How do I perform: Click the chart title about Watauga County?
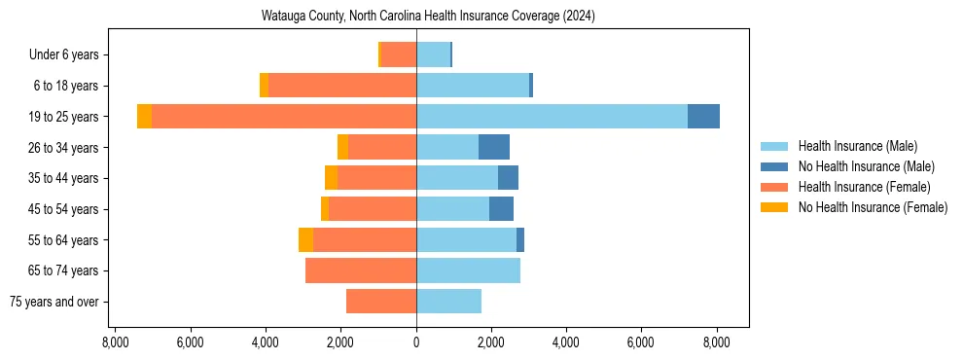click(428, 17)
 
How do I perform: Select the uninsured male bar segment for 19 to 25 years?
click(703, 117)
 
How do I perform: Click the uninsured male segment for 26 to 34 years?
click(494, 147)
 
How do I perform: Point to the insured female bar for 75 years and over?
click(381, 302)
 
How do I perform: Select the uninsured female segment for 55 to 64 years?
click(305, 239)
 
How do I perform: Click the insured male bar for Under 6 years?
click(433, 54)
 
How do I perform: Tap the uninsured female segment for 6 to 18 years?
click(264, 86)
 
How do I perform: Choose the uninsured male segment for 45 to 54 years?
click(501, 208)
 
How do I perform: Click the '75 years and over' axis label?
click(53, 302)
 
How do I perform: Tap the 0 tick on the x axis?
click(416, 342)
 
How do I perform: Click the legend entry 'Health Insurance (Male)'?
click(857, 146)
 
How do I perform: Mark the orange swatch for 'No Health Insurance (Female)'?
click(774, 207)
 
